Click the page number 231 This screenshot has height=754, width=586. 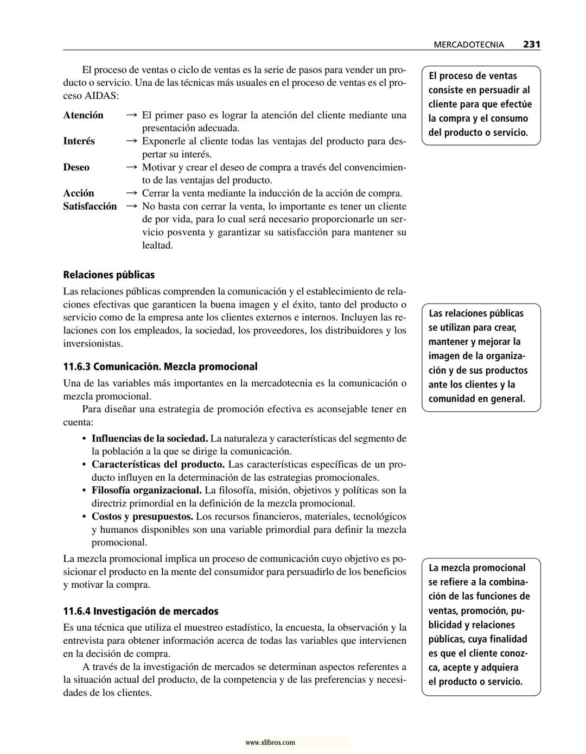point(531,45)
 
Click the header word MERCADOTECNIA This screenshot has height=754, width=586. point(469,45)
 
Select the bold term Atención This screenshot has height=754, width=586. point(83,115)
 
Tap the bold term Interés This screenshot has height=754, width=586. point(79,141)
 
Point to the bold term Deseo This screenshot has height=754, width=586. point(76,167)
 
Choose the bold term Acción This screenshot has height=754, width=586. point(78,193)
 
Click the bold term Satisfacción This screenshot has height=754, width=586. point(90,206)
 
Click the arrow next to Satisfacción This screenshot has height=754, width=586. point(131,206)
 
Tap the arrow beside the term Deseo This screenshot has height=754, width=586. point(131,167)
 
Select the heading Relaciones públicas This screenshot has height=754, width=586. point(109,275)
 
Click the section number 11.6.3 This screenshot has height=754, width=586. point(77,367)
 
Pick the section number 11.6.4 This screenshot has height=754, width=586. point(77,611)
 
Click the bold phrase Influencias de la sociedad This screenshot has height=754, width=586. point(149,438)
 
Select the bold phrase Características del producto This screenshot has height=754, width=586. point(158,464)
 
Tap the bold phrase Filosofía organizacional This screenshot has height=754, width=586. point(146,491)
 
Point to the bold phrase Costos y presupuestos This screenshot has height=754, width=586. point(142,517)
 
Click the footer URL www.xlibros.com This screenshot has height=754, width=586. point(270,743)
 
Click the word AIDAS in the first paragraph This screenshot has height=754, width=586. point(101,96)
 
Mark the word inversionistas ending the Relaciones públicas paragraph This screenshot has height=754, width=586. point(93,344)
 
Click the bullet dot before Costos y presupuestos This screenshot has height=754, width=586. point(84,517)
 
